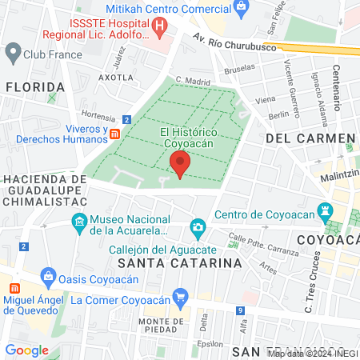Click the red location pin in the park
tap(180, 164)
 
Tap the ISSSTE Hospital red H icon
tap(162, 26)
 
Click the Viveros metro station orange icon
tap(115, 133)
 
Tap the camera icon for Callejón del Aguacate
tap(197, 230)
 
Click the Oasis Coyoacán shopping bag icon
tap(50, 278)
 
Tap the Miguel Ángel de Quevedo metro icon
tap(14, 286)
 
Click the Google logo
tap(26, 350)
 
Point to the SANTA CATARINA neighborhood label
tap(179, 262)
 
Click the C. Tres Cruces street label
tap(312, 282)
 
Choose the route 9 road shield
tap(240, 310)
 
